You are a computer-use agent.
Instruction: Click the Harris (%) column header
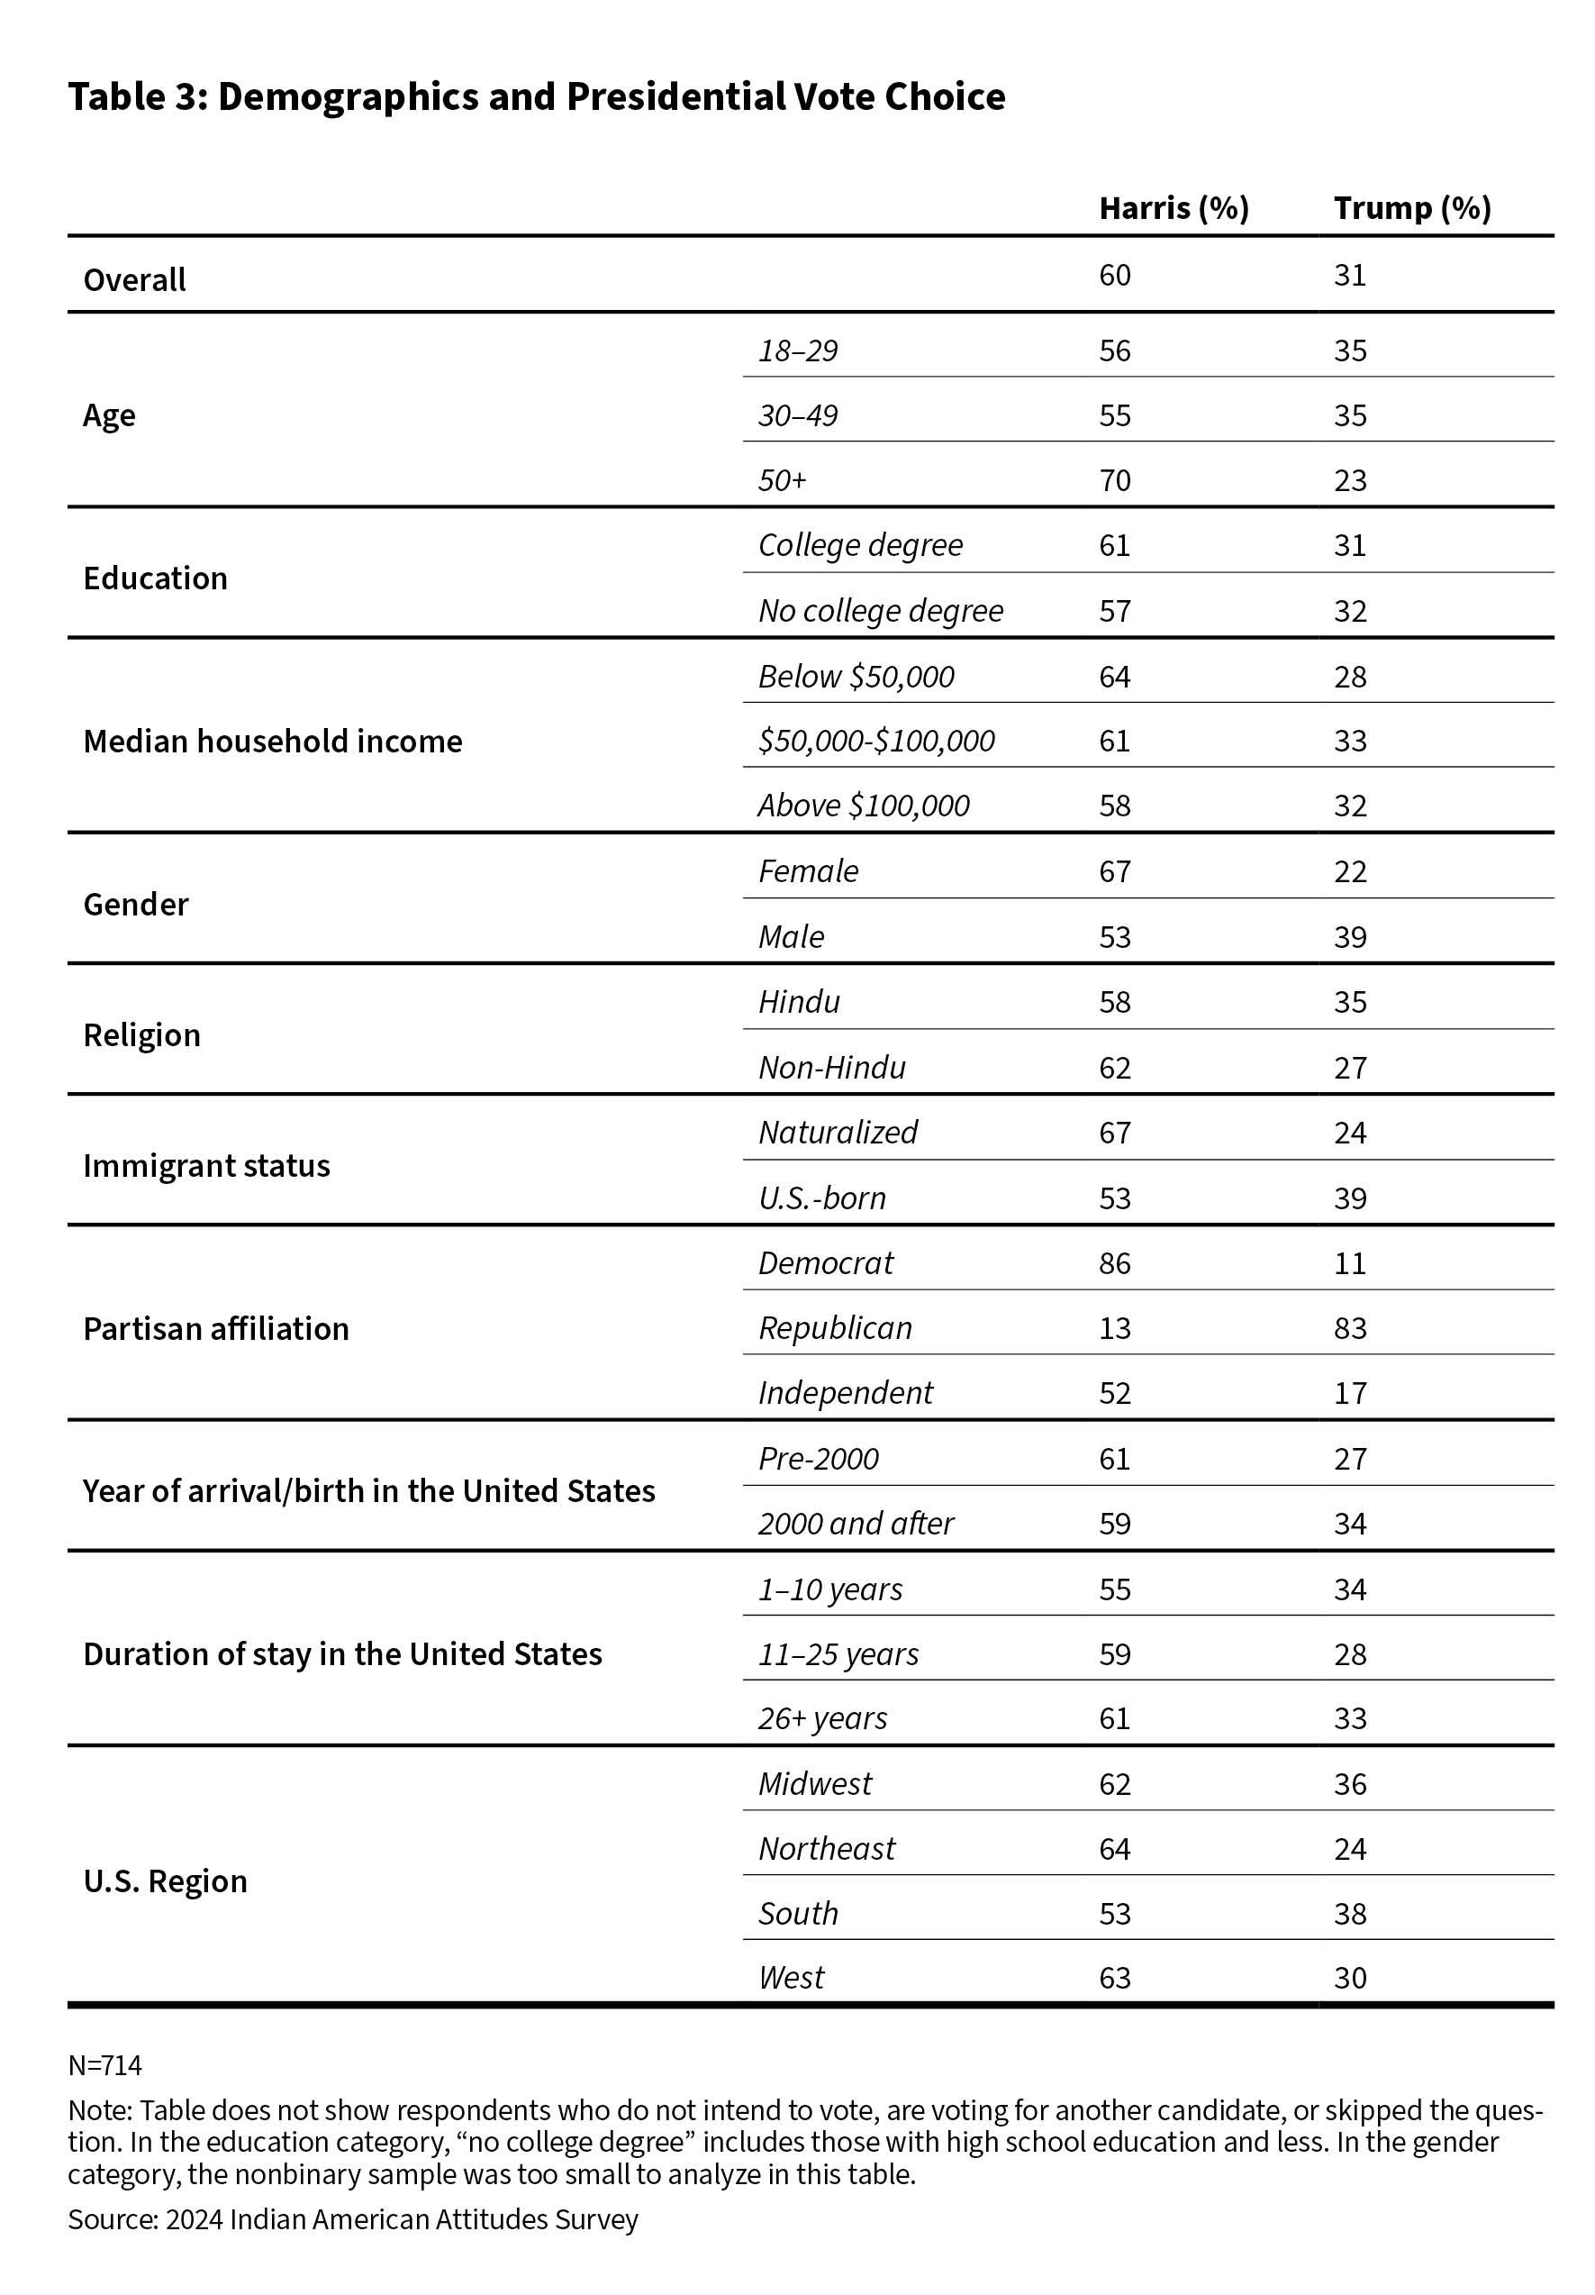click(x=1174, y=208)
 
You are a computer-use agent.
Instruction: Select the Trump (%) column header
click(x=1411, y=208)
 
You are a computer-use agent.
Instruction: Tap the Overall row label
click(x=134, y=280)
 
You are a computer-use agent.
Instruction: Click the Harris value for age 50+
click(x=1114, y=481)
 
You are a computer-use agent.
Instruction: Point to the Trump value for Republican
click(x=1349, y=1328)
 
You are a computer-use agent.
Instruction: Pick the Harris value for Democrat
click(x=1114, y=1263)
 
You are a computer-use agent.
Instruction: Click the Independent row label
click(x=845, y=1392)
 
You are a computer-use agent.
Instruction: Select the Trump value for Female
click(x=1349, y=871)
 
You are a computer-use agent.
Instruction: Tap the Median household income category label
click(x=272, y=742)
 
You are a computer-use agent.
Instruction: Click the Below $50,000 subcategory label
click(x=856, y=677)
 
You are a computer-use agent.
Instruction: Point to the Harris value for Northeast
click(x=1114, y=1849)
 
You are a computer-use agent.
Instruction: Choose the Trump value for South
click(x=1349, y=1913)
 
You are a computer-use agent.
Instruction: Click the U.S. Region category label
click(x=165, y=1881)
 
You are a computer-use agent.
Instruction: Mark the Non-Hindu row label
click(x=831, y=1068)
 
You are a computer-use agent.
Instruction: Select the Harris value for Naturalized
click(x=1114, y=1133)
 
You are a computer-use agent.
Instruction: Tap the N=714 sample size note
click(x=105, y=2065)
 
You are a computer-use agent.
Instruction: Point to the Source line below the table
click(x=353, y=2219)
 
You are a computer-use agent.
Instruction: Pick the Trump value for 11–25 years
click(x=1349, y=1654)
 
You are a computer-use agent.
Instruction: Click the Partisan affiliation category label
click(x=216, y=1328)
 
